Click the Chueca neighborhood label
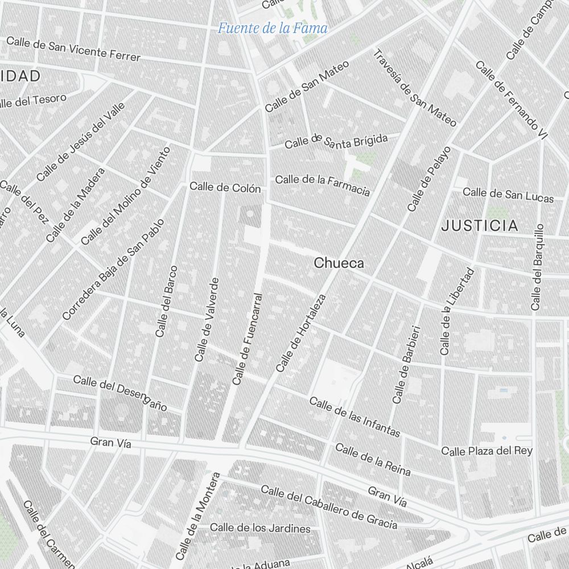339,263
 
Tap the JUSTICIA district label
480,226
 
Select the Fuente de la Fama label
273,27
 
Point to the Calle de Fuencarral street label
248,339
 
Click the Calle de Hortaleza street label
301,333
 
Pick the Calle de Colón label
225,187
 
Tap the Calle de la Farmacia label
323,184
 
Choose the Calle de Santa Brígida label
336,141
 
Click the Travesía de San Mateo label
415,88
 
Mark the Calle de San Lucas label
508,195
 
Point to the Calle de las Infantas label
354,417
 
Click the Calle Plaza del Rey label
487,451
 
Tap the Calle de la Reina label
373,459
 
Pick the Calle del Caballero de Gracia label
329,506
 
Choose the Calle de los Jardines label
261,528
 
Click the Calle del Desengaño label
120,393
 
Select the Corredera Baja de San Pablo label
113,269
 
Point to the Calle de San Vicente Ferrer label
73,49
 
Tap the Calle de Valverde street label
207,319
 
